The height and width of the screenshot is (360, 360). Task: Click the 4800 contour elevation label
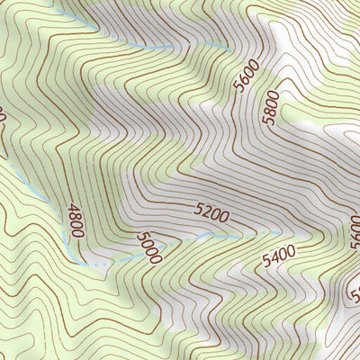[x=75, y=220]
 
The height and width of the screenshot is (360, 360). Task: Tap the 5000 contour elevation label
[x=149, y=247]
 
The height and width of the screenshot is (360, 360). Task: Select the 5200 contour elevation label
[x=211, y=213]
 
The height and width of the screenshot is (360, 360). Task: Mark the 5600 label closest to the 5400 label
[x=354, y=230]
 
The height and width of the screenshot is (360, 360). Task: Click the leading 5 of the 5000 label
[x=141, y=238]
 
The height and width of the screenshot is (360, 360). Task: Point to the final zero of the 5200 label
[x=224, y=217]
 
